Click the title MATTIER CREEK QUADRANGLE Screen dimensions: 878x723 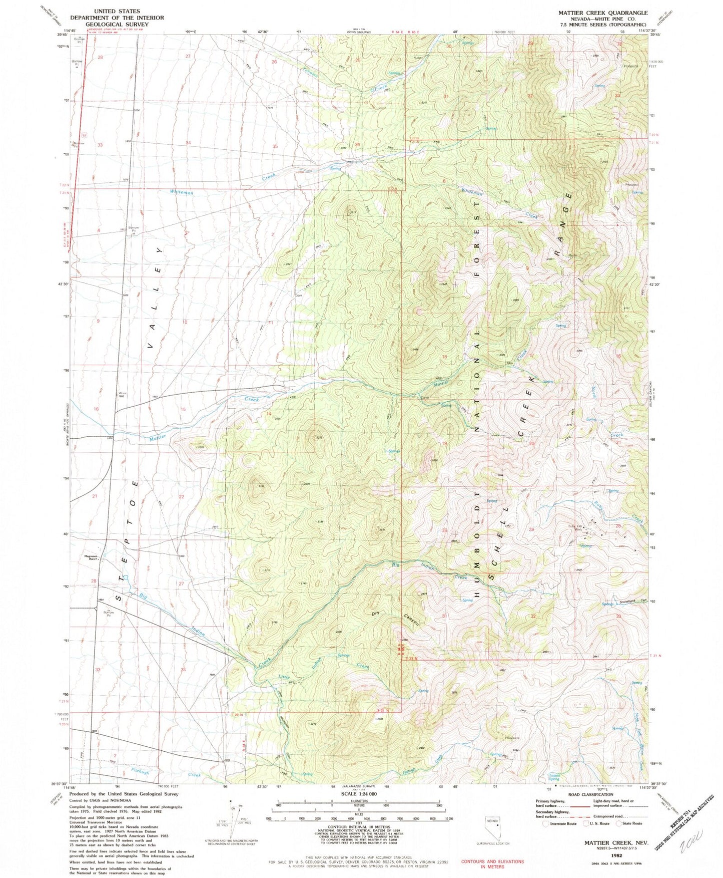pos(597,13)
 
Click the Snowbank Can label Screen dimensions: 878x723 pos(633,601)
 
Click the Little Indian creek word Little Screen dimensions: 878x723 pos(284,677)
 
